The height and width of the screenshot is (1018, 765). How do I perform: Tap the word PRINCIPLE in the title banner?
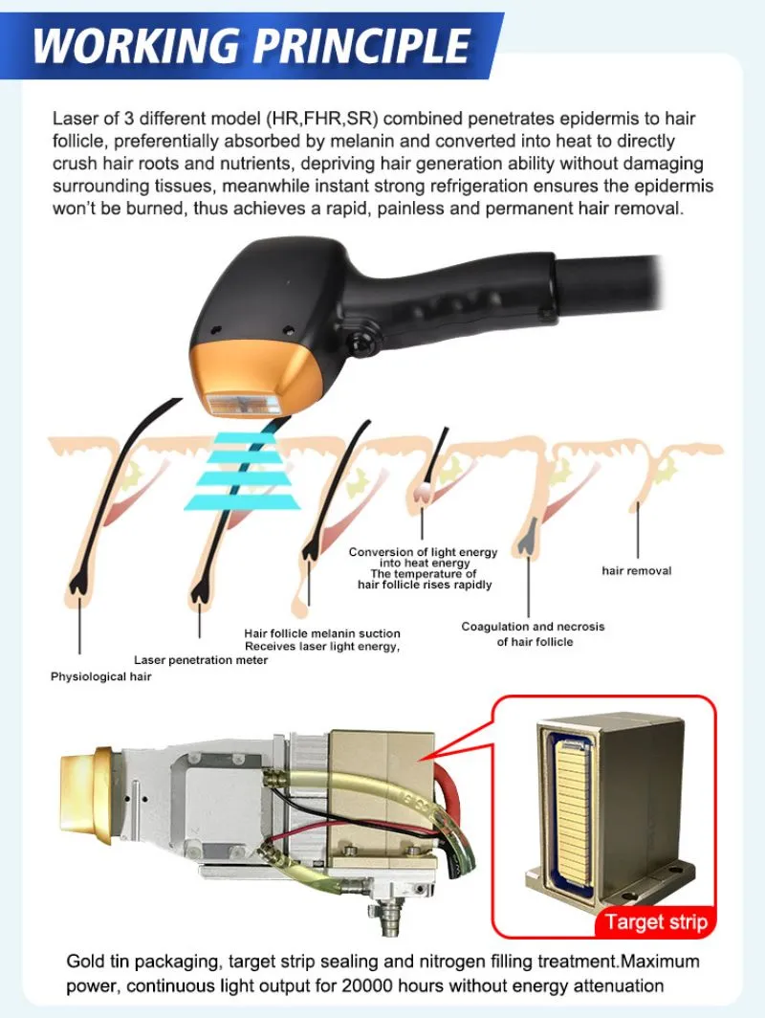coord(361,46)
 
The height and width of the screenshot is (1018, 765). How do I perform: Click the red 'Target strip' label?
coord(656,922)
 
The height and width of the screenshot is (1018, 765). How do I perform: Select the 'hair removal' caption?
coord(637,570)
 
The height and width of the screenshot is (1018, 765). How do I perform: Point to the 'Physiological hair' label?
coord(101,676)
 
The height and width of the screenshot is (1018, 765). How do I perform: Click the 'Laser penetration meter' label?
coord(201,660)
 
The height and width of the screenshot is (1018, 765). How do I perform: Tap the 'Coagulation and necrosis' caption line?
coord(533,627)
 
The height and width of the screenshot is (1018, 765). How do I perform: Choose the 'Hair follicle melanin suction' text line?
coord(322,633)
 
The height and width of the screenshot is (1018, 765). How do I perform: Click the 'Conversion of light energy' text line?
coord(423,552)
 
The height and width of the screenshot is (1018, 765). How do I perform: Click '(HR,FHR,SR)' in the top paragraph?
coord(322,119)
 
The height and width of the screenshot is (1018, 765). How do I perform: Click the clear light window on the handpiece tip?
coord(243,404)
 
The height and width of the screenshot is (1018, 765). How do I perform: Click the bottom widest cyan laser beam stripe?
coord(241,502)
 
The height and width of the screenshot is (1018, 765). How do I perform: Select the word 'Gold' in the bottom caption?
coord(86,961)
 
